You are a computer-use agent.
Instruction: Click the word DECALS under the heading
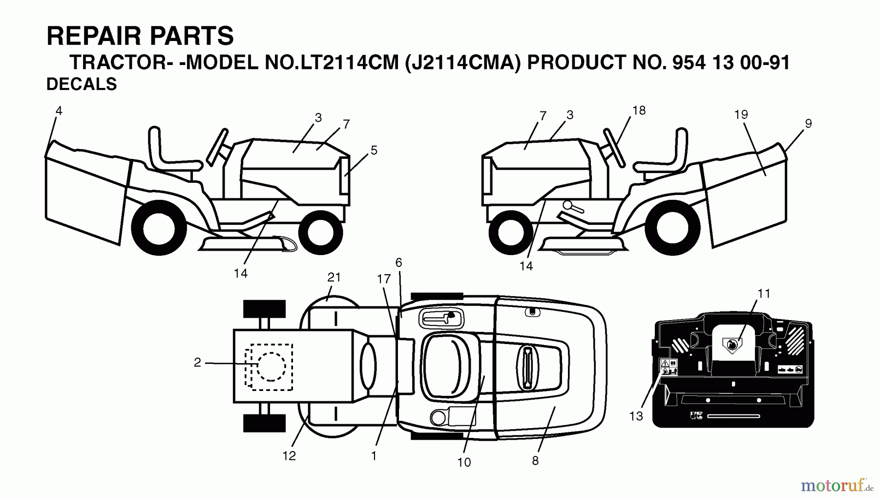tap(82, 85)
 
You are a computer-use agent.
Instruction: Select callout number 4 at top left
tap(59, 111)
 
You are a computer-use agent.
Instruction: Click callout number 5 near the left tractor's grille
tap(374, 151)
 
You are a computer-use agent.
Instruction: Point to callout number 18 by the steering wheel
tap(639, 110)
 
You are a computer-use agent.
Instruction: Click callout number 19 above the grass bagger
tap(741, 114)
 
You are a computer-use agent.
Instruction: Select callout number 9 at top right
tap(808, 124)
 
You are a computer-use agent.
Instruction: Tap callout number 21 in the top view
tap(334, 277)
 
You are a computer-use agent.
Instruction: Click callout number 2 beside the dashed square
tap(197, 363)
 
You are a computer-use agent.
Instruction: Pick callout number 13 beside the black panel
tap(636, 416)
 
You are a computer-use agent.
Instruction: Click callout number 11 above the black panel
tap(764, 293)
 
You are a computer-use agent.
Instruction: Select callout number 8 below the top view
tap(535, 460)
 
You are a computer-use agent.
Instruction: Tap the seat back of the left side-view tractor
tap(155, 147)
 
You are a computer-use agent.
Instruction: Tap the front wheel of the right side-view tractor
tap(510, 232)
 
